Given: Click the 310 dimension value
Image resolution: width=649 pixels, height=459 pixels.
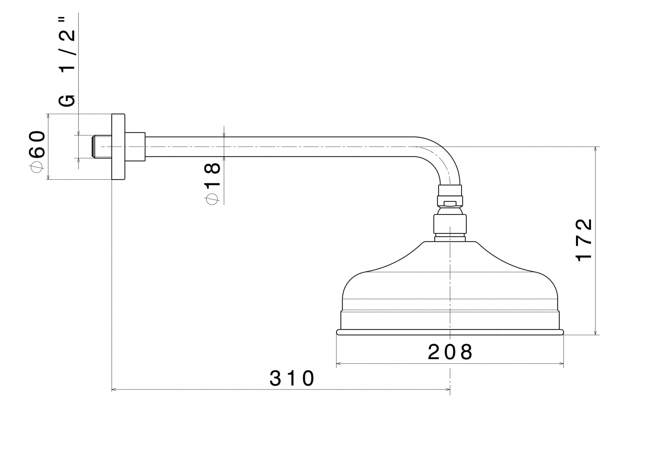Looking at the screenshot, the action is click(292, 378).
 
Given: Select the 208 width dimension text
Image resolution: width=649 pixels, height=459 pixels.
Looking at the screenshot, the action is click(450, 352).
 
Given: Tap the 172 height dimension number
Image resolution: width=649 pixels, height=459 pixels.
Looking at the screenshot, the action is click(584, 240).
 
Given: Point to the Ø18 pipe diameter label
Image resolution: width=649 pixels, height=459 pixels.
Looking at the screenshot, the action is click(213, 183).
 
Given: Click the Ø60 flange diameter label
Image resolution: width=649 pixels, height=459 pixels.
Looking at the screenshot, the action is click(37, 151).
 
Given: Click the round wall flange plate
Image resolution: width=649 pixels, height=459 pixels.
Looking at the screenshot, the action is click(118, 147).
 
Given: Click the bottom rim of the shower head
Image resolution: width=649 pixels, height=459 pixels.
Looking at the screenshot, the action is click(450, 332).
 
